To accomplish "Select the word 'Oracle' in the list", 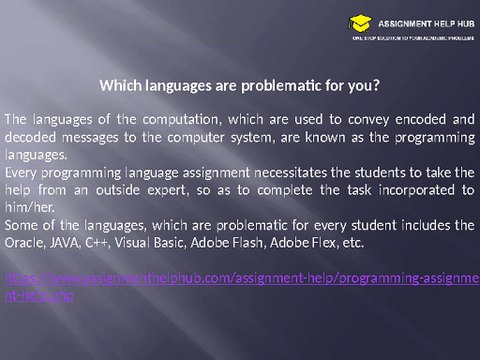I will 24,243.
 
